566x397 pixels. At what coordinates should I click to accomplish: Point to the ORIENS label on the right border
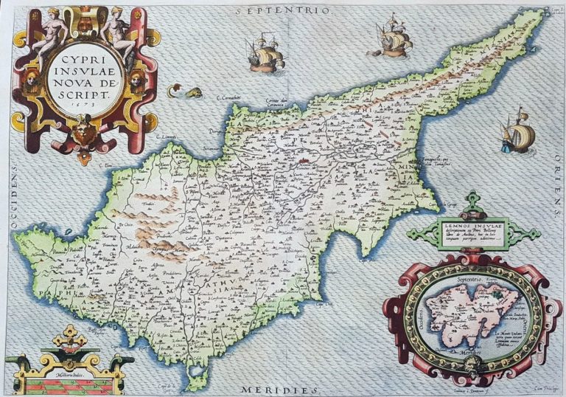[x=553, y=196]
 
